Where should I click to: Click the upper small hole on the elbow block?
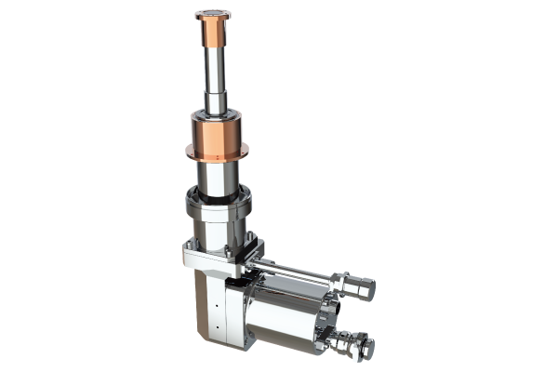[215, 303]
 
